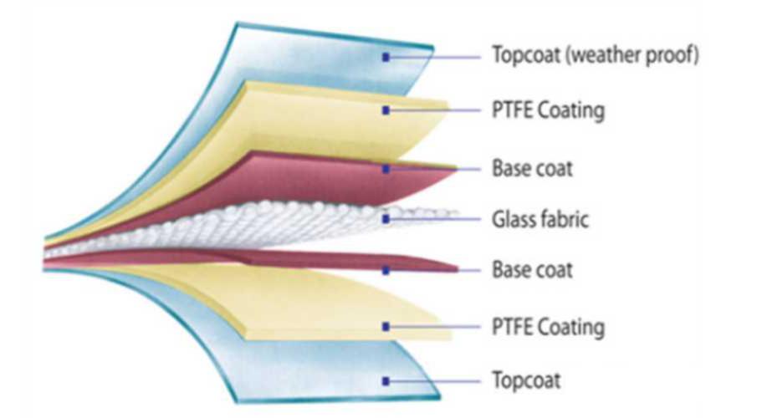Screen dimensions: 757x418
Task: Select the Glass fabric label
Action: [540, 219]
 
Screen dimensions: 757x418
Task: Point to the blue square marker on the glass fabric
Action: [386, 219]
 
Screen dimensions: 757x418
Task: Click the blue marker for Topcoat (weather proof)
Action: [386, 57]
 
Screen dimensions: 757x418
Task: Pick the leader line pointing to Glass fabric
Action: [434, 219]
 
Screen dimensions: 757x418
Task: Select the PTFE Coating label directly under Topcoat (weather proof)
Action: [548, 110]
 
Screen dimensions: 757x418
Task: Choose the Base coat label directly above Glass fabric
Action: [532, 169]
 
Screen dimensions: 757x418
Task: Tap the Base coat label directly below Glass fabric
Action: [532, 269]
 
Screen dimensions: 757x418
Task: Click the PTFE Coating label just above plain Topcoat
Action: [548, 327]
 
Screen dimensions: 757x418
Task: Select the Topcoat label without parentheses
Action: [526, 380]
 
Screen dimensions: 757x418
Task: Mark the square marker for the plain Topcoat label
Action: [386, 381]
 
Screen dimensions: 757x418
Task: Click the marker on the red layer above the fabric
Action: [386, 169]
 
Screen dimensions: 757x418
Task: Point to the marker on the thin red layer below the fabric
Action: [386, 271]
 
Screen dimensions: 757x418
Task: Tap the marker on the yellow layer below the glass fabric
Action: [386, 327]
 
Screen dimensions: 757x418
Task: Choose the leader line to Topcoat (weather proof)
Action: [434, 57]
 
